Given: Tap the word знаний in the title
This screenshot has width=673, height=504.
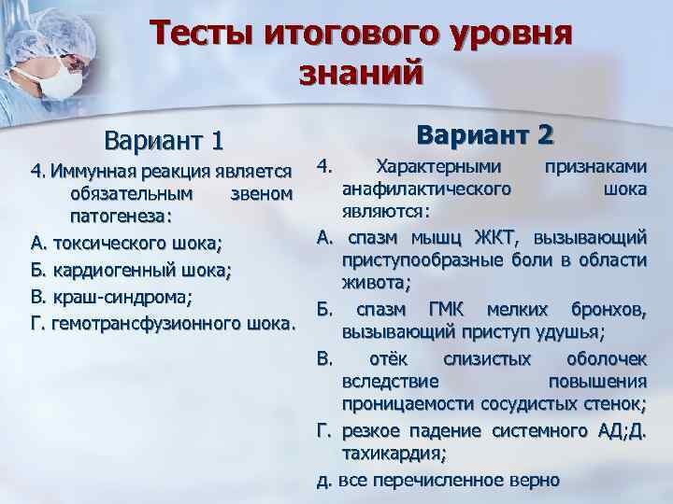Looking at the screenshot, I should pyautogui.click(x=361, y=74).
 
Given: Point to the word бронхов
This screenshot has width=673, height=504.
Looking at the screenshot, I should pyautogui.click(x=609, y=309).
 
